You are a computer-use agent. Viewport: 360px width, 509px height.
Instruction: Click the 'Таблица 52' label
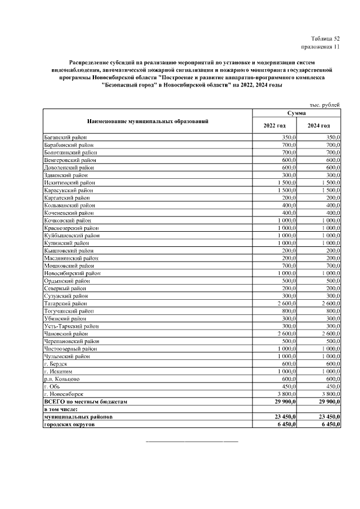tap(326, 38)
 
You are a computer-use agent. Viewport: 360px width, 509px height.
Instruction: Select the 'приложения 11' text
tap(321, 47)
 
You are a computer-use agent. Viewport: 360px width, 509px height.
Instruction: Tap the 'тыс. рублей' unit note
tap(325, 105)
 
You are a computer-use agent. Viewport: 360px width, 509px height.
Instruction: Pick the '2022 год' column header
tap(274, 125)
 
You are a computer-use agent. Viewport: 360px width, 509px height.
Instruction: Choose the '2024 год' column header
tap(318, 125)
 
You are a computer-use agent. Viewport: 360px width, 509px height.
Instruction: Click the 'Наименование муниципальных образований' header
tap(148, 121)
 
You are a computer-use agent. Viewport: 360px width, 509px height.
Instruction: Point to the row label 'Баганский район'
tap(66, 137)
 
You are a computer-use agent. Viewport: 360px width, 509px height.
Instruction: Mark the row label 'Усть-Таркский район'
tap(71, 326)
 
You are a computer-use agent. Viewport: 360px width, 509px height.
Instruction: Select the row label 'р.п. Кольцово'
tap(62, 379)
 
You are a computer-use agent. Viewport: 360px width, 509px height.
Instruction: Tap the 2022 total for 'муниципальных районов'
tap(285, 417)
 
